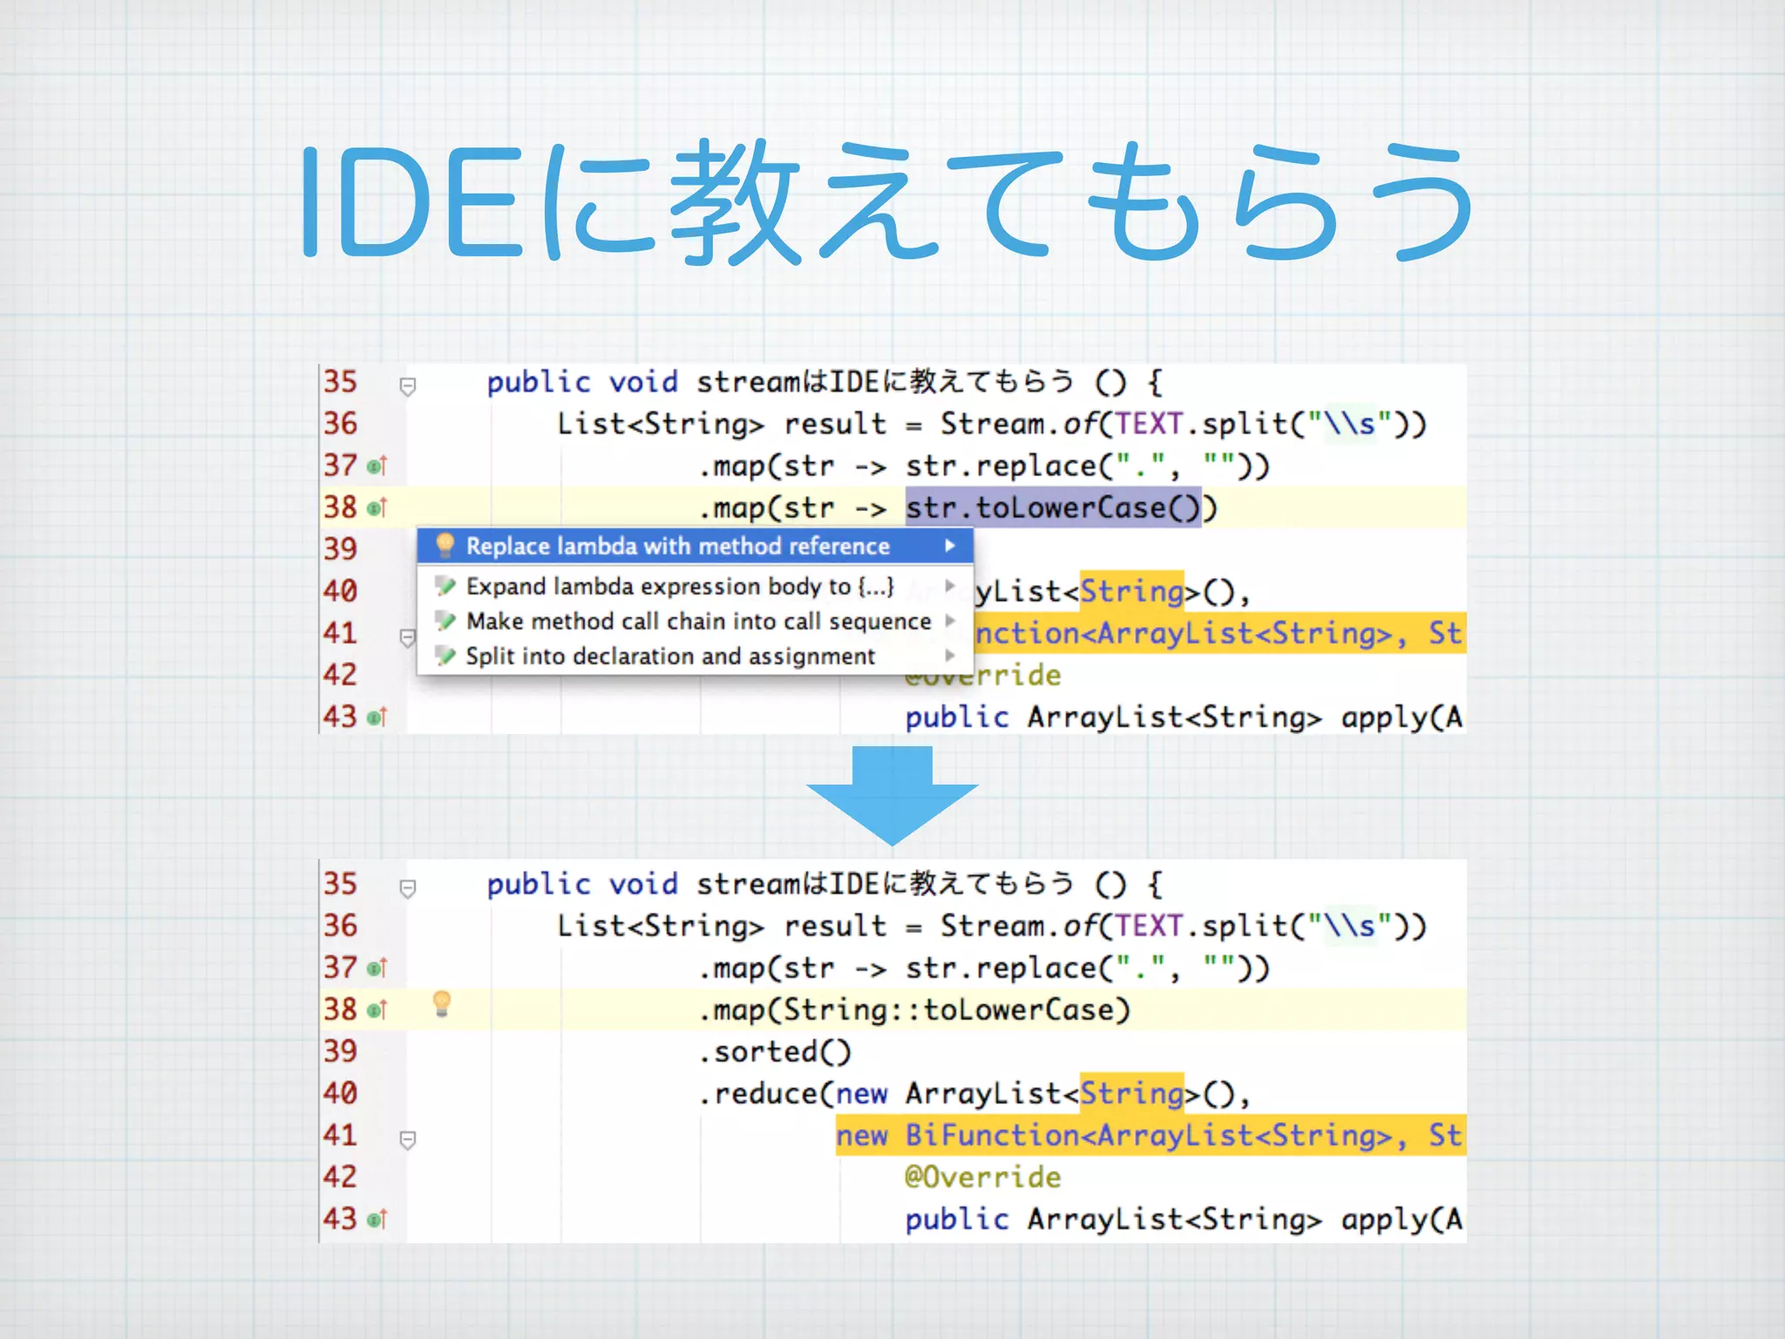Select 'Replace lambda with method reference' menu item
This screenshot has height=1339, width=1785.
pos(677,547)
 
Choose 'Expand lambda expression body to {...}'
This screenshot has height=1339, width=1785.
pos(680,587)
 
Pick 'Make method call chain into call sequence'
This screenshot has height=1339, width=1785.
pos(698,622)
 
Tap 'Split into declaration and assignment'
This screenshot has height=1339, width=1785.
pos(670,656)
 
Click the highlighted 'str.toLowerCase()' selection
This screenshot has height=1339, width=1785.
pos(1052,507)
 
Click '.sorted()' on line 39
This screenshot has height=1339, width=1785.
pos(774,1052)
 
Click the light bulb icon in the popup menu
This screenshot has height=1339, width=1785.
pos(445,546)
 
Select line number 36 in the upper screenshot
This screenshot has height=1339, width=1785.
pos(341,424)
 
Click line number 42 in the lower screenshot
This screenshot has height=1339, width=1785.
pos(341,1177)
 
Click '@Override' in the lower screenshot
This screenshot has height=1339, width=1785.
pos(982,1178)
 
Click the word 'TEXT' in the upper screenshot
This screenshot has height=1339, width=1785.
pos(1148,424)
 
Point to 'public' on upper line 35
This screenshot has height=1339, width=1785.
pos(538,382)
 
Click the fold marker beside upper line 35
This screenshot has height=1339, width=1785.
pos(407,385)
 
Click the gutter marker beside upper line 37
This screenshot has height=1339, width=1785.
pos(377,466)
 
